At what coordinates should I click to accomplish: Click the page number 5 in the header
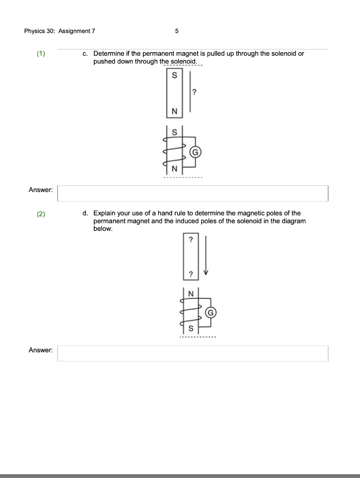[x=176, y=31]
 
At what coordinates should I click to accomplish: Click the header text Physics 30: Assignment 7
[x=59, y=31]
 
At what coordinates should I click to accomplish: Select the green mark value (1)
[x=42, y=54]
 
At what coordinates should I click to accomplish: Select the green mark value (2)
[x=42, y=214]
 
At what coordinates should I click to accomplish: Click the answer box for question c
[x=193, y=193]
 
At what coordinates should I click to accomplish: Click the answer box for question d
[x=193, y=353]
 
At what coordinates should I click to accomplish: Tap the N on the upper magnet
[x=175, y=111]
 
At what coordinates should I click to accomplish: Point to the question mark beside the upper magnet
[x=194, y=92]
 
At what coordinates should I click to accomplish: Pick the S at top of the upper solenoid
[x=175, y=132]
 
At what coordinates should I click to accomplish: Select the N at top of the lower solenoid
[x=191, y=293]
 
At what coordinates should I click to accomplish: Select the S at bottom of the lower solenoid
[x=191, y=328]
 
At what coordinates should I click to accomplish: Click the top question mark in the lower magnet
[x=191, y=240]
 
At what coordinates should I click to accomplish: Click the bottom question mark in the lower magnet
[x=191, y=274]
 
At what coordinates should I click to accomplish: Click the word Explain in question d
[x=104, y=213]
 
